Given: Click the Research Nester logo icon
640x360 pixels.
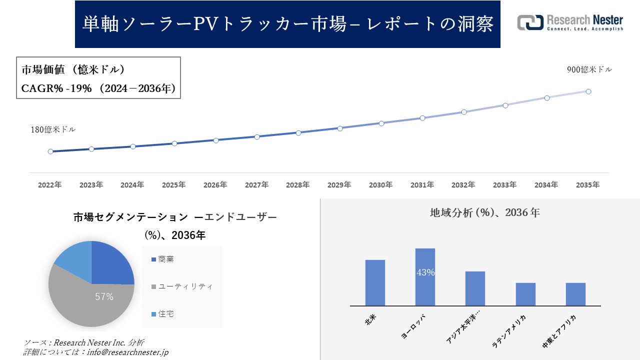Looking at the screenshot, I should point(530,22).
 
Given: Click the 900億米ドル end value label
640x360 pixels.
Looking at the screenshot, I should point(589,70).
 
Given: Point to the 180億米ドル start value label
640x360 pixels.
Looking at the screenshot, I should point(53,129).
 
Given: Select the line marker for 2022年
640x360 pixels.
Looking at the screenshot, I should point(50,151).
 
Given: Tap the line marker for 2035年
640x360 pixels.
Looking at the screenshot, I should point(588,91).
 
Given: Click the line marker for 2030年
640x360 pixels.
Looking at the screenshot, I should point(381,123).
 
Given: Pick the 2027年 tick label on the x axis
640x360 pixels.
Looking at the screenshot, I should point(256,185).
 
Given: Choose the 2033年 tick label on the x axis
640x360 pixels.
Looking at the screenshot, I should point(505,185).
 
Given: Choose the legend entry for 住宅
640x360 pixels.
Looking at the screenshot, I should point(166,314).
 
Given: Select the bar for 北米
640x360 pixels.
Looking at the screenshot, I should point(375,282).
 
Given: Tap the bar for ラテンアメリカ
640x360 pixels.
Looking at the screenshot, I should point(525,294).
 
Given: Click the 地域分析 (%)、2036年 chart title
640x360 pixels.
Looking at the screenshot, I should point(484,212).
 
